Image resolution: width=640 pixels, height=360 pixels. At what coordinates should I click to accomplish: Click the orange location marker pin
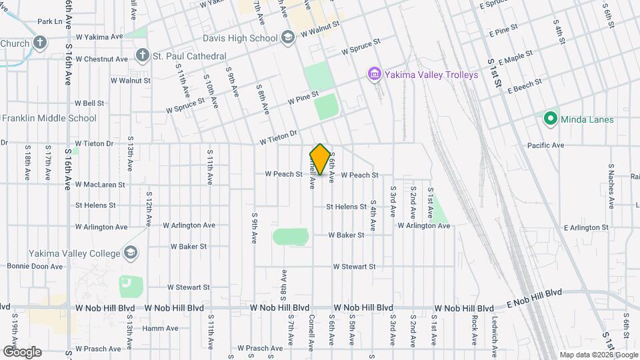click(320, 159)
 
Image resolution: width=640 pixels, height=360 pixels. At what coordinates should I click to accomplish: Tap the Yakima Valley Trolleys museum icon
click(374, 74)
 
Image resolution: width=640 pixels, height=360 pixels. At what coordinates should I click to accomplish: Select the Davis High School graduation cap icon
click(288, 38)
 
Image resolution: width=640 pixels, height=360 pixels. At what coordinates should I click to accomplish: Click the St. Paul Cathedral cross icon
click(141, 55)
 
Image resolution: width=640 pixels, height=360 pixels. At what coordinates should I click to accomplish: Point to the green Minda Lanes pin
click(550, 119)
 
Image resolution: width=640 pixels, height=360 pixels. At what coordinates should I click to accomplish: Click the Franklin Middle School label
click(49, 119)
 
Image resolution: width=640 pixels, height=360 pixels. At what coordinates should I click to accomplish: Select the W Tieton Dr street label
click(279, 137)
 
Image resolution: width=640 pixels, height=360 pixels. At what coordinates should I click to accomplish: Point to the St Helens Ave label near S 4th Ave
click(346, 207)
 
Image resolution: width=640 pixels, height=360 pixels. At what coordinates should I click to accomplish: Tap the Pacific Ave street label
click(545, 145)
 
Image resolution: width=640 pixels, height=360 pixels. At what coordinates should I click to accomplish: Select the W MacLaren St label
click(100, 185)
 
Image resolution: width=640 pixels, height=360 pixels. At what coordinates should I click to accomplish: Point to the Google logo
click(22, 351)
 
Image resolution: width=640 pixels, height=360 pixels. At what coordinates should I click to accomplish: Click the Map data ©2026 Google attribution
click(597, 355)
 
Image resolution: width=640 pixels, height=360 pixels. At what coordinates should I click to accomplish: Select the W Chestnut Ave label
click(101, 59)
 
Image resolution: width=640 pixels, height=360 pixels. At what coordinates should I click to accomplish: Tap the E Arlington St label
click(586, 227)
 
